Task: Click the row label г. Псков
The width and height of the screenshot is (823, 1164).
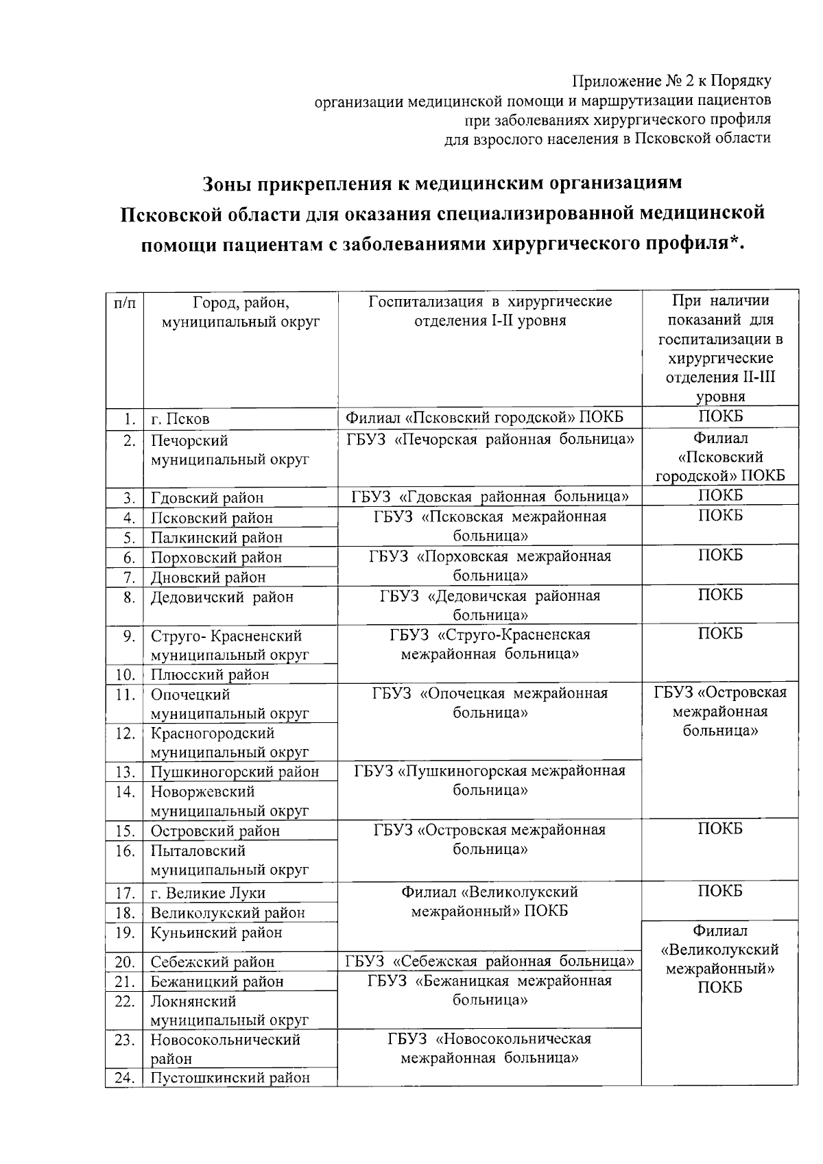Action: coord(180,419)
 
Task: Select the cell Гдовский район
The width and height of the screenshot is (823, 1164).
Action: coord(207,498)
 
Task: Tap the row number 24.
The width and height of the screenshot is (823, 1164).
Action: coord(124,1078)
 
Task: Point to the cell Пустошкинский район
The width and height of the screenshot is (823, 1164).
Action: coord(230,1078)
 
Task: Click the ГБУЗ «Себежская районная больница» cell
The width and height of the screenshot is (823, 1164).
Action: coord(489,961)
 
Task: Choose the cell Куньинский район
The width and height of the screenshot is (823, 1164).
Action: coord(217,933)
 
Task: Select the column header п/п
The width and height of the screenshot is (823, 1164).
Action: coord(124,302)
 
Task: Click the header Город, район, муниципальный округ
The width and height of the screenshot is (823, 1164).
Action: coord(241,312)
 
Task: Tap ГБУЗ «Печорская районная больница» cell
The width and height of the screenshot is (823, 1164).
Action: coord(489,440)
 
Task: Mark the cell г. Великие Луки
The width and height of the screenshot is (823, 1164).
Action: coord(208,893)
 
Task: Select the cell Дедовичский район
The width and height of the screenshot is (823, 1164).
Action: coord(222,597)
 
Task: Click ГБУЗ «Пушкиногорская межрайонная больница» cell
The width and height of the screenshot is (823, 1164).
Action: coord(489,781)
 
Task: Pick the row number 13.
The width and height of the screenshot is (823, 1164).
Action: coord(124,772)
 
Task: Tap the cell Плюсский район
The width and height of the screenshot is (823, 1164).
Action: coord(210,675)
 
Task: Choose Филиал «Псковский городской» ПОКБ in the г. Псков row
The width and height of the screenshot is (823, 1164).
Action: coord(484,418)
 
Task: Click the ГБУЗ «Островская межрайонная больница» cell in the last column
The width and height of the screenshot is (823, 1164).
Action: coord(720,712)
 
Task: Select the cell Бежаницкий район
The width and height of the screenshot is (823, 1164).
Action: coord(217,982)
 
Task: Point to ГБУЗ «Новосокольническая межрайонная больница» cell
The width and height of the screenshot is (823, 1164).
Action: coord(489,1049)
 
